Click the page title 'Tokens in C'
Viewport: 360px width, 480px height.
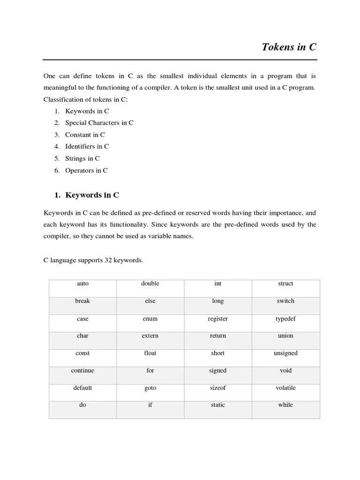pos(289,48)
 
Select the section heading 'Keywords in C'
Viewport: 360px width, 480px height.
pos(92,195)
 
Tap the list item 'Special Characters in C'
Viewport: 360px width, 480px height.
pos(99,123)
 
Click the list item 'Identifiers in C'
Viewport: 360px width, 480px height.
pos(87,147)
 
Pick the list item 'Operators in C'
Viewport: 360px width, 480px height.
pos(86,171)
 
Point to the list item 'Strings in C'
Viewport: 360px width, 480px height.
pos(82,158)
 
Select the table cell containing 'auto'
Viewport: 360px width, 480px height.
pos(82,284)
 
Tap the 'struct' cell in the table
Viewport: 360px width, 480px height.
pos(285,284)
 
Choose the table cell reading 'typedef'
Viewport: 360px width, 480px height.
pos(285,319)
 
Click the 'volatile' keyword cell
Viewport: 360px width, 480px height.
pos(285,388)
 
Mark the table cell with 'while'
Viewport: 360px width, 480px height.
pos(285,405)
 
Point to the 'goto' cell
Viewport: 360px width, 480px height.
pos(150,388)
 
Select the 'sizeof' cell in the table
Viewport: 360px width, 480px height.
pos(217,388)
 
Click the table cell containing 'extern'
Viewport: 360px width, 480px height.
pos(150,336)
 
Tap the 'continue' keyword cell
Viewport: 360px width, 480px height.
pos(82,371)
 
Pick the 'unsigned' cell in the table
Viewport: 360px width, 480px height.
pos(285,353)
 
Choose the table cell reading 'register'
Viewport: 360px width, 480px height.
pos(217,319)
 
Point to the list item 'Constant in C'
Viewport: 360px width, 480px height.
pos(85,135)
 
